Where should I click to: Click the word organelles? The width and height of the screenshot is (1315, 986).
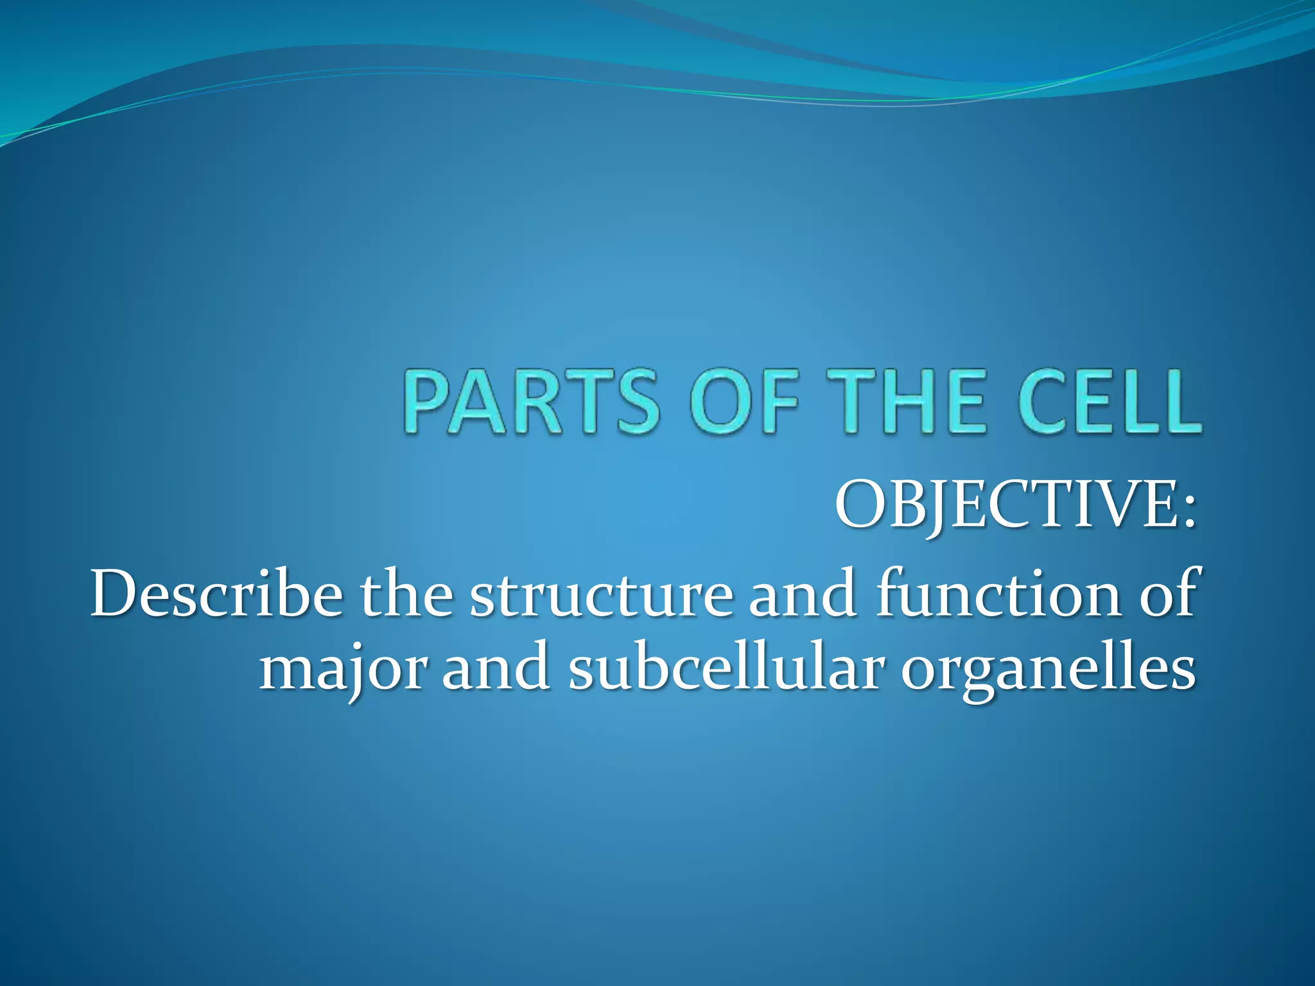1047,674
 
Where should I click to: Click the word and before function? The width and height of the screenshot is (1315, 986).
802,594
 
